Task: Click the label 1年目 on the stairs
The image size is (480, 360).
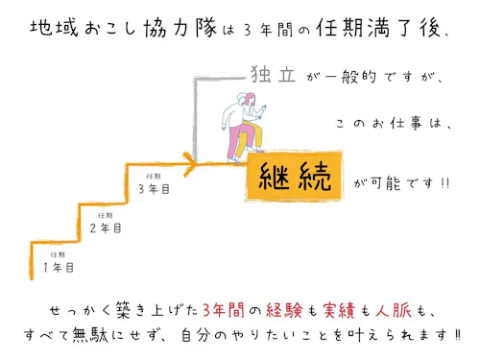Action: pos(58,266)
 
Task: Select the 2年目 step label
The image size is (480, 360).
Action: pos(106,228)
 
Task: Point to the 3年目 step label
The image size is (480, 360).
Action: pos(154,189)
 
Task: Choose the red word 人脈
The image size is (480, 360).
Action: pos(401,310)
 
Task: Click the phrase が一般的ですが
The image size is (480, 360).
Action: pos(360,77)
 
